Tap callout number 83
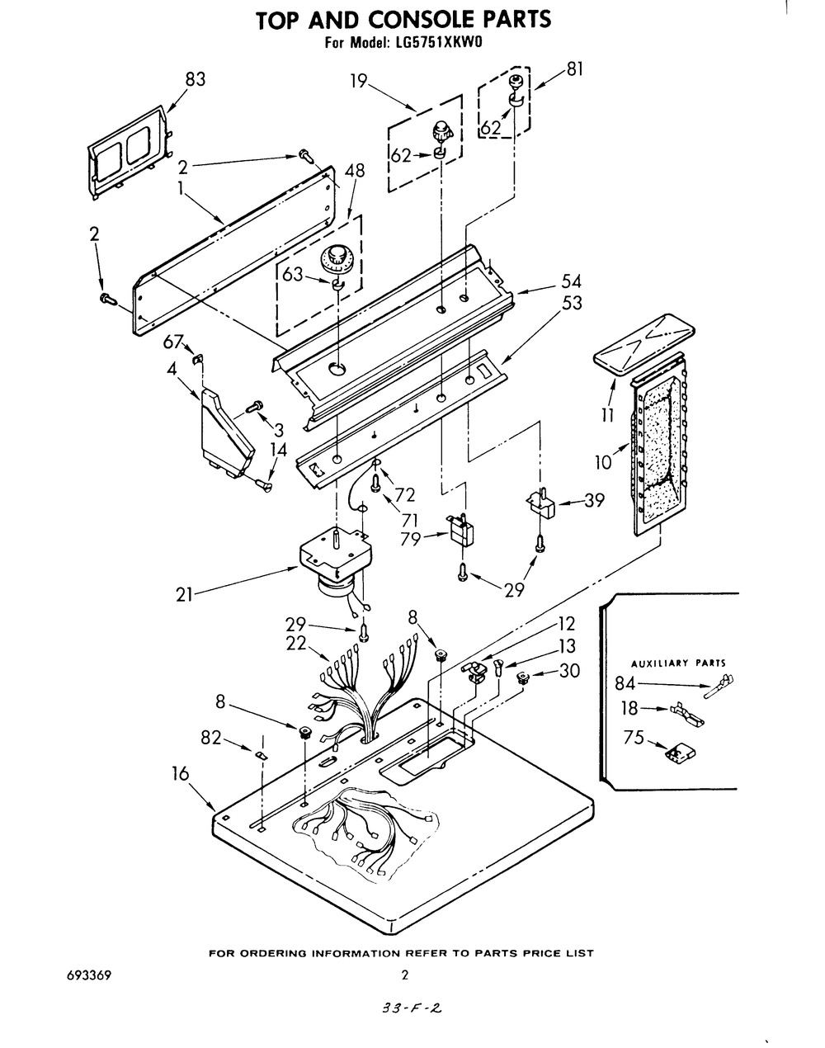196,79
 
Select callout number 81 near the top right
575,69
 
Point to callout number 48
355,171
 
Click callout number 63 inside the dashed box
293,274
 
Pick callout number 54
571,281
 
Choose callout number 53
573,303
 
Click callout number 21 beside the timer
184,595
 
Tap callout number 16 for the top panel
180,773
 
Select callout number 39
594,500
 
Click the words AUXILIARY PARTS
678,663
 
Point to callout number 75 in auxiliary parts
634,737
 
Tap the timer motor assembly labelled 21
336,563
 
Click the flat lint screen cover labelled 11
643,344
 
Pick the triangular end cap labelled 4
227,432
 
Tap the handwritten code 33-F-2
412,1008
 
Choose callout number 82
211,738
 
